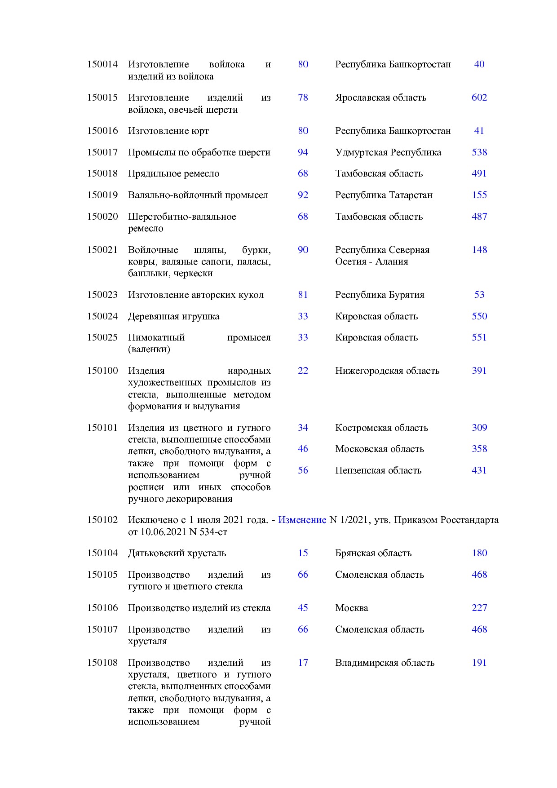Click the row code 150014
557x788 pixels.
[102, 64]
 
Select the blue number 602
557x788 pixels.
[479, 97]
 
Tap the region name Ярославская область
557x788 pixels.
[380, 97]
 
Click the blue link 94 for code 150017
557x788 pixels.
[303, 152]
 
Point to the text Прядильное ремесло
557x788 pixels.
[173, 173]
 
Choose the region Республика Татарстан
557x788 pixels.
[384, 195]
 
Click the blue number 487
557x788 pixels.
[479, 217]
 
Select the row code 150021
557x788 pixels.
[102, 250]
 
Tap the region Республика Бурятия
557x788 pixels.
[380, 295]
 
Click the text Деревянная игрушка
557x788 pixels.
[173, 316]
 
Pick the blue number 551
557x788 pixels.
[479, 337]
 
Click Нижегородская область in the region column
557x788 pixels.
[387, 371]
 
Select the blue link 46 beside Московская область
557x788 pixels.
[303, 449]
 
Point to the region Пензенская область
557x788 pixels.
[378, 470]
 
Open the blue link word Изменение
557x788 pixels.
[302, 520]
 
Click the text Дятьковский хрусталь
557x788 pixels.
[177, 553]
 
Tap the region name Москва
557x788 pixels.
[351, 608]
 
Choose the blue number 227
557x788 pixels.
[479, 608]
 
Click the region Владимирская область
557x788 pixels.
[385, 663]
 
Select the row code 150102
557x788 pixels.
[102, 520]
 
